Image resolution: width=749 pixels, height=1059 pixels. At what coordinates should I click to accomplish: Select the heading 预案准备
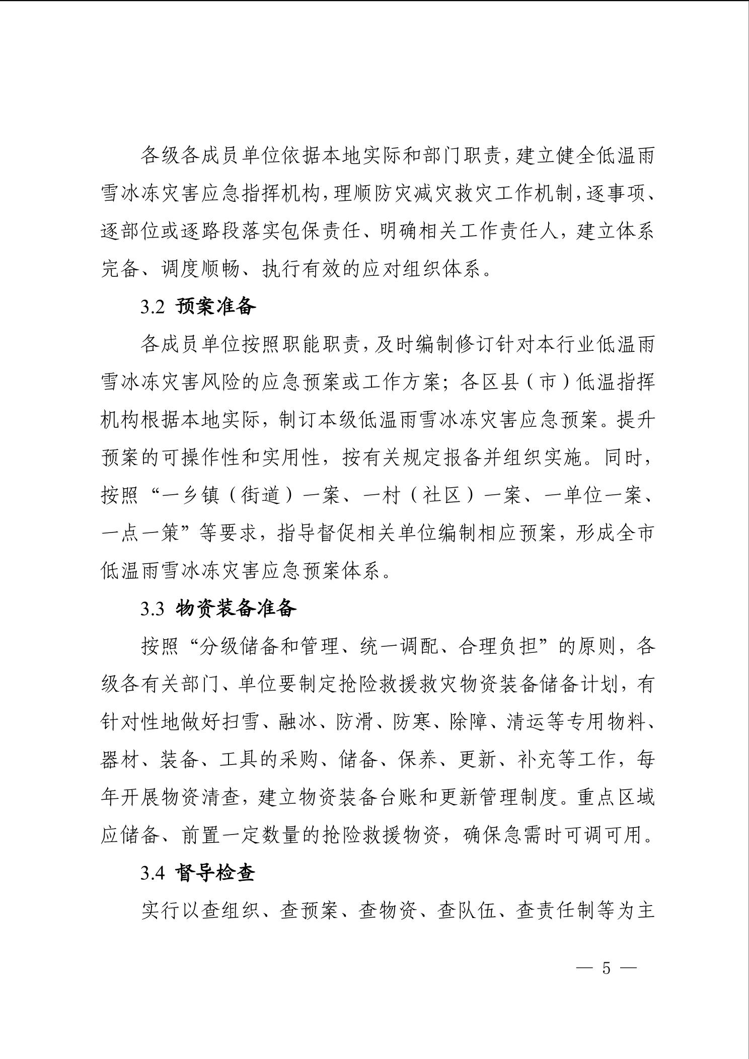coord(216,307)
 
